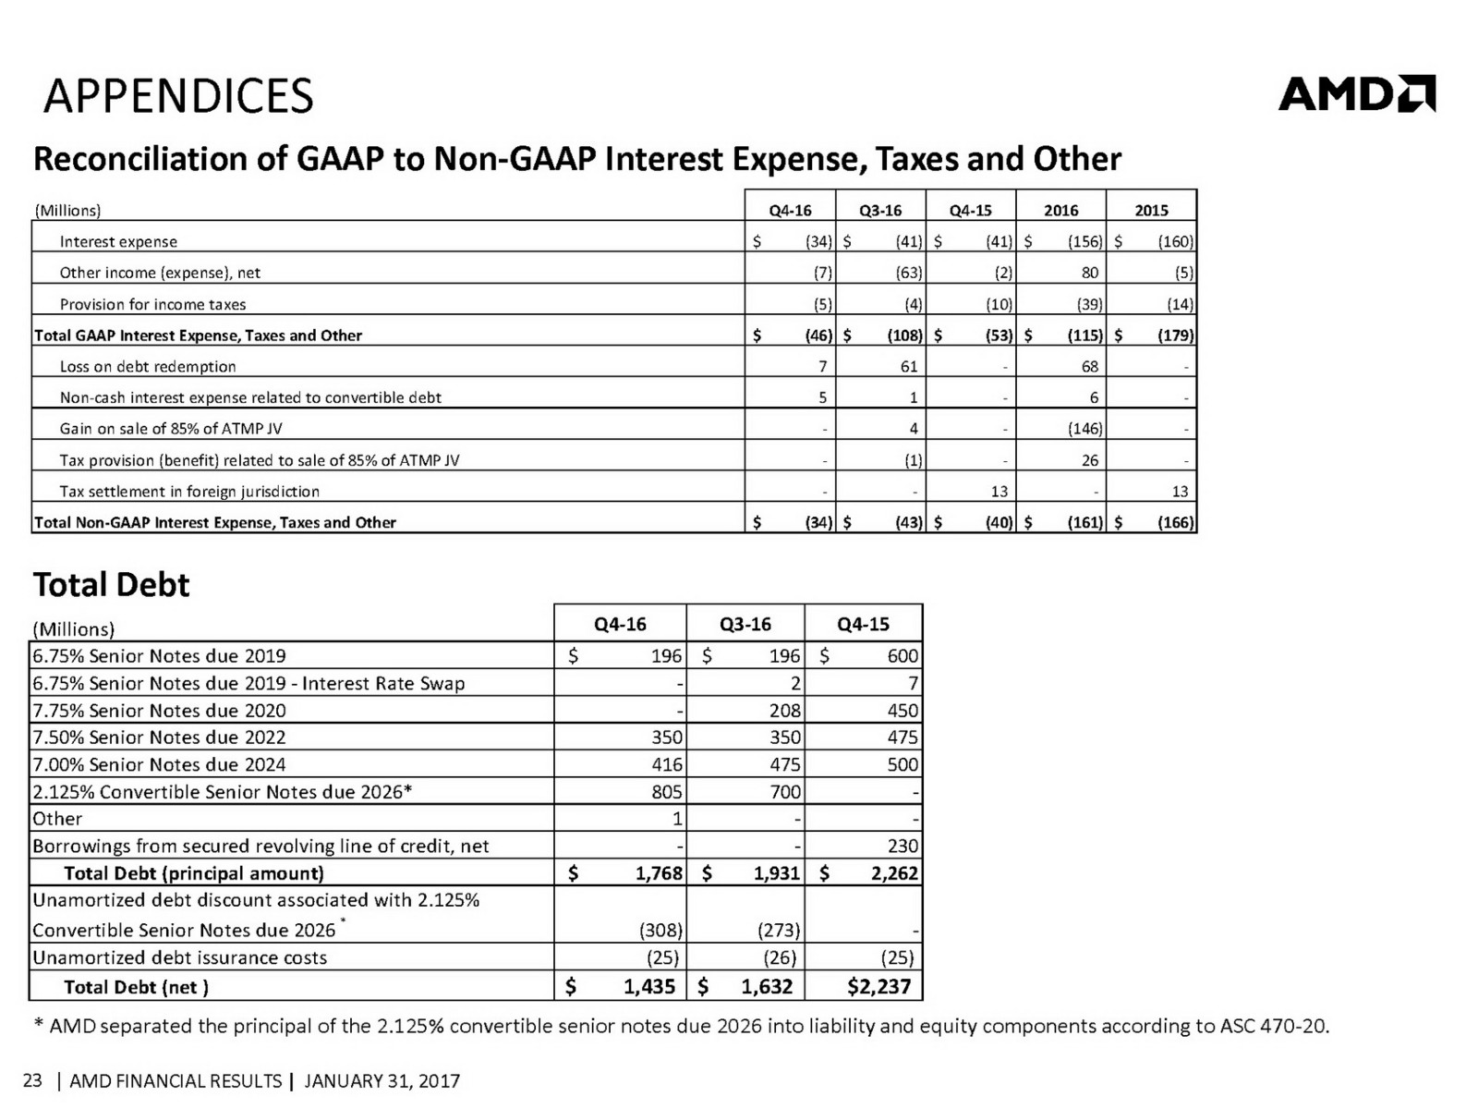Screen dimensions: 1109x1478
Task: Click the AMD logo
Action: click(1356, 93)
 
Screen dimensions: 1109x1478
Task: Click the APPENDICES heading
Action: click(178, 96)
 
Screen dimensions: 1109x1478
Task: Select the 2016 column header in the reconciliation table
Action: click(1060, 210)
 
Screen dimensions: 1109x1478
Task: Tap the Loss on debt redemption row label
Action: click(148, 367)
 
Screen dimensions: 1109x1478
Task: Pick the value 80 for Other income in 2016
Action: click(1089, 273)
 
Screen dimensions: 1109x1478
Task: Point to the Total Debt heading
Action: click(111, 585)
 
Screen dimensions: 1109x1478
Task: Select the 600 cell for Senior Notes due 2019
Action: click(902, 656)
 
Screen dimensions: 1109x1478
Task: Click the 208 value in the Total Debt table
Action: click(784, 711)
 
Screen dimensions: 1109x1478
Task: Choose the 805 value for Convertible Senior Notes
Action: click(666, 792)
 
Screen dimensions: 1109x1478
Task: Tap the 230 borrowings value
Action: click(902, 846)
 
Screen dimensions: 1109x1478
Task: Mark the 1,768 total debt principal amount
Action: click(659, 873)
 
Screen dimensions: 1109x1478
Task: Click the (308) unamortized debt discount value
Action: click(660, 930)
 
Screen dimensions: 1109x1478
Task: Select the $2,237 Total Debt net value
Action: click(878, 987)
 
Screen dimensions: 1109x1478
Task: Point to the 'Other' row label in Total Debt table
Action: click(57, 819)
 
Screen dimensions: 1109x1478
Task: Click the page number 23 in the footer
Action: click(32, 1080)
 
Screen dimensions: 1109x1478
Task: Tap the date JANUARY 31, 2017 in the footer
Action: click(382, 1081)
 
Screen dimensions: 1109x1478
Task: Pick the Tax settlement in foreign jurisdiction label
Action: click(189, 492)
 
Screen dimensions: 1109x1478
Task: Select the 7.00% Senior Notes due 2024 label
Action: click(159, 765)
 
